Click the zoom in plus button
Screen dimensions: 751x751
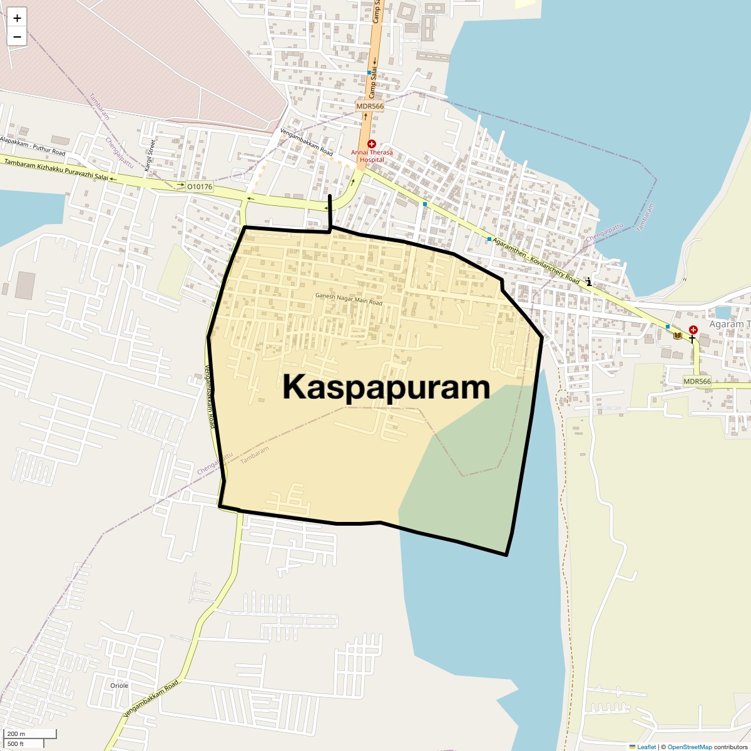click(17, 18)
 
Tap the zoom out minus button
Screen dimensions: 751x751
click(17, 37)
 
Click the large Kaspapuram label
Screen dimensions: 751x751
click(386, 387)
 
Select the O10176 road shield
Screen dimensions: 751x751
click(200, 186)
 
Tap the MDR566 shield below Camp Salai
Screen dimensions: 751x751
click(370, 106)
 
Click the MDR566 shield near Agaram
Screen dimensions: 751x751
click(697, 381)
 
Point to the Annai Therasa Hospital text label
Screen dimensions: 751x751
click(372, 156)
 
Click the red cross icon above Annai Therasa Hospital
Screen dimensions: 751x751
click(372, 144)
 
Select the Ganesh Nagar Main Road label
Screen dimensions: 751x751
click(349, 299)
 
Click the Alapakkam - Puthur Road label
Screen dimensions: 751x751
click(33, 146)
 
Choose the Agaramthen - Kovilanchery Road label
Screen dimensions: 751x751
click(536, 260)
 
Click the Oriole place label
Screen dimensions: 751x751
click(119, 685)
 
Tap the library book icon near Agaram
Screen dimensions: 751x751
click(677, 335)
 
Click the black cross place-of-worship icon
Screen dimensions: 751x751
click(692, 339)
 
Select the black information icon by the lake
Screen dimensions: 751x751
click(588, 282)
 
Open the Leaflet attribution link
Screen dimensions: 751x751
click(646, 747)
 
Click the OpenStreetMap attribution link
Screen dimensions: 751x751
click(690, 747)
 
